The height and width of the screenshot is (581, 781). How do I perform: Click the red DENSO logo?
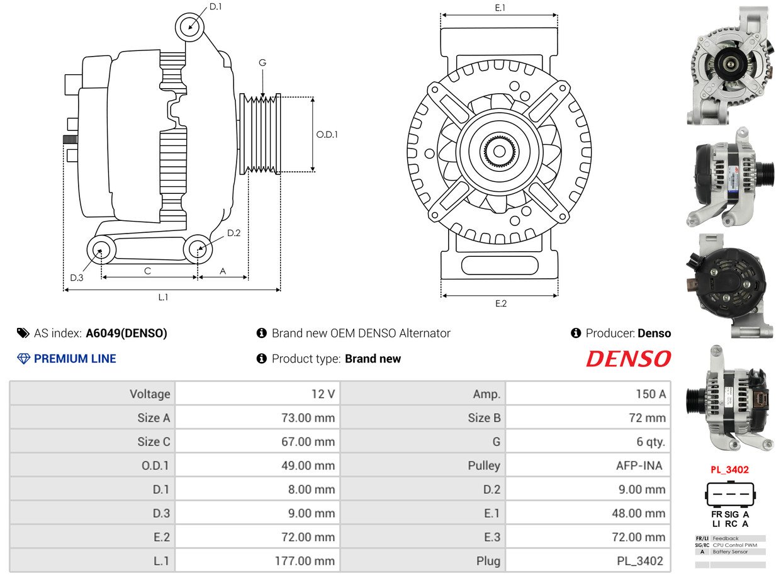(x=628, y=359)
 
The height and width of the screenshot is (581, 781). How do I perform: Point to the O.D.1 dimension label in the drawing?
(x=327, y=134)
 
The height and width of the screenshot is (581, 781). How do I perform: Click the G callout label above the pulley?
(x=262, y=62)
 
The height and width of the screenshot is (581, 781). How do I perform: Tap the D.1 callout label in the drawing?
(x=215, y=6)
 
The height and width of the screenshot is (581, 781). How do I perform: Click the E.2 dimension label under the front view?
(x=500, y=303)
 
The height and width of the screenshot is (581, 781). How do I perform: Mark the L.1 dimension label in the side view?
(x=163, y=297)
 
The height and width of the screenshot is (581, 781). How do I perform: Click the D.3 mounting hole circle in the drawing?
(x=100, y=251)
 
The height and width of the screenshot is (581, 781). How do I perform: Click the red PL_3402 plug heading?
(x=729, y=470)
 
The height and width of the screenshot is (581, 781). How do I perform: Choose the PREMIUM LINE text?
(x=75, y=359)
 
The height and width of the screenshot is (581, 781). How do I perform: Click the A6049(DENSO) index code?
(x=126, y=334)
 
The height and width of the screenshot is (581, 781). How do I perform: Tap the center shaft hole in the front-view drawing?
(x=500, y=151)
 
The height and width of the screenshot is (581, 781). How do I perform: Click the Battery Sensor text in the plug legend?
(x=730, y=552)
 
